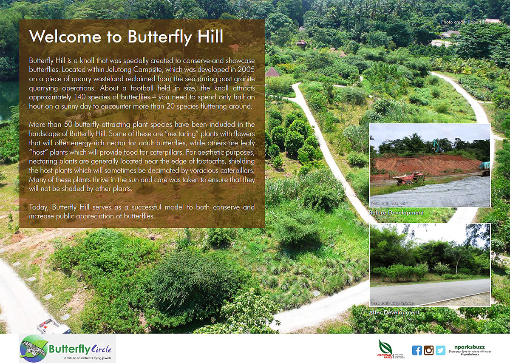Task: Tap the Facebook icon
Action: (417, 350)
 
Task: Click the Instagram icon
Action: (428, 350)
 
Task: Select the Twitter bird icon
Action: (440, 350)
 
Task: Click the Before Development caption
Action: (396, 213)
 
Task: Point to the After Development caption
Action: (394, 312)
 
